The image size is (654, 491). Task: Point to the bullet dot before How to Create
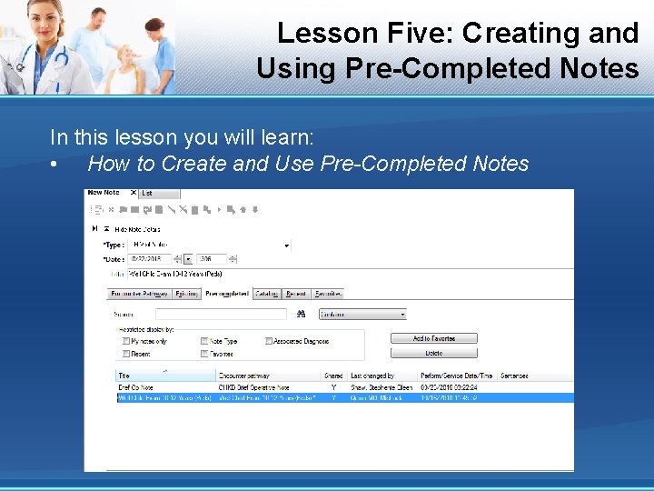[56, 165]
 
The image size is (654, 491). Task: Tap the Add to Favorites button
[433, 338]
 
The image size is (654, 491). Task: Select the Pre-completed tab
[226, 294]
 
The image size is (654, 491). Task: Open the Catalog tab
[267, 294]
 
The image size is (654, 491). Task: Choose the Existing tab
[187, 294]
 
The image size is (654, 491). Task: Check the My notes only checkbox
[127, 341]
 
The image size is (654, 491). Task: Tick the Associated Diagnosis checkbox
[269, 341]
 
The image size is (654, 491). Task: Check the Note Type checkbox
[204, 341]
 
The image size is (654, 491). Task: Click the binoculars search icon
[303, 314]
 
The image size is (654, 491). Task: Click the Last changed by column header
[372, 375]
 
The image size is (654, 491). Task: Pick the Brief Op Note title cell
[136, 386]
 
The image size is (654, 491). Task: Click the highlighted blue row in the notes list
[345, 397]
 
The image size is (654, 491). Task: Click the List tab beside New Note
[148, 194]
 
